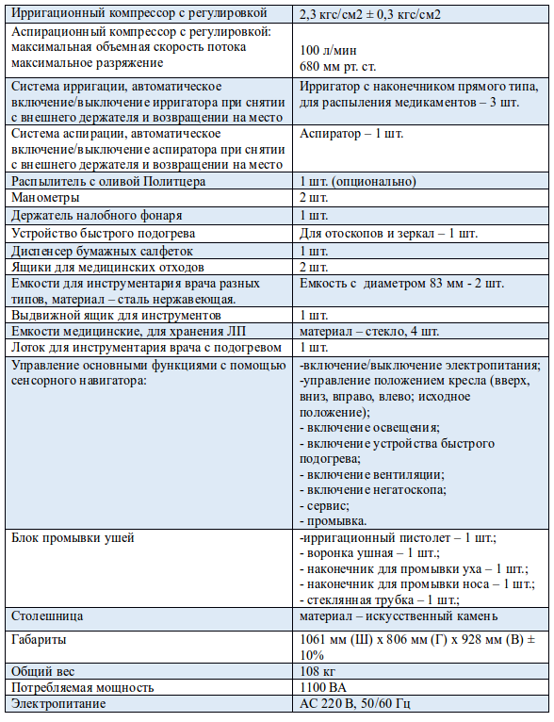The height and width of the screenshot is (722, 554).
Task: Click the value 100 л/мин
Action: click(324, 49)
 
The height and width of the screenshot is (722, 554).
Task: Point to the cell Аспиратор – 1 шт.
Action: click(350, 134)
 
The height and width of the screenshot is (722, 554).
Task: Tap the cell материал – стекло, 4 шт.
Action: click(368, 331)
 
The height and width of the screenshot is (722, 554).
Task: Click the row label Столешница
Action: click(47, 615)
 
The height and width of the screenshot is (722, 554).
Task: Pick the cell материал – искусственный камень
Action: click(399, 615)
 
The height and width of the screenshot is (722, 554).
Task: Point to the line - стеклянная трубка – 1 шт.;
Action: click(379, 599)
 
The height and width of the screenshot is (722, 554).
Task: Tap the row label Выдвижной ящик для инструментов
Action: click(116, 315)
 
